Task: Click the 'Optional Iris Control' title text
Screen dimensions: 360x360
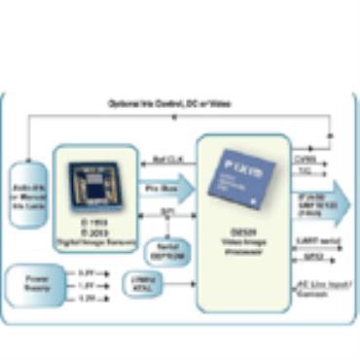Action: tap(178, 103)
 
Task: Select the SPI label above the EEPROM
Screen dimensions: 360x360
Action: tap(167, 210)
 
